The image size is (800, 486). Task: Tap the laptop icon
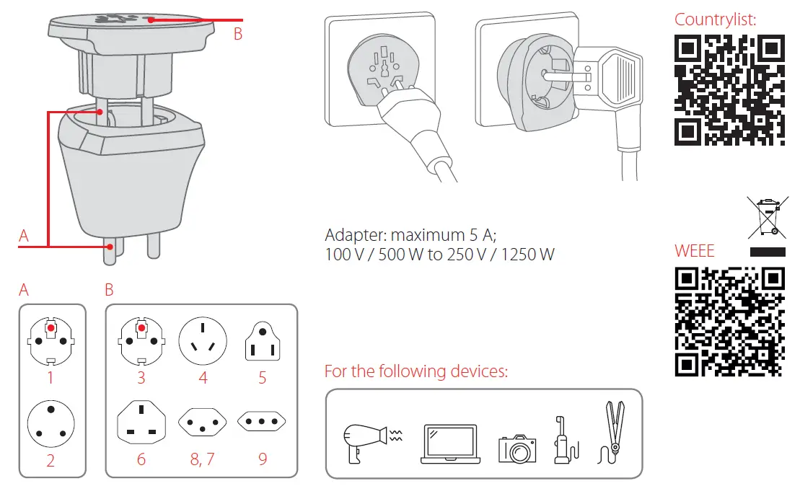(x=449, y=443)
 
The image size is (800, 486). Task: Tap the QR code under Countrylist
(x=729, y=89)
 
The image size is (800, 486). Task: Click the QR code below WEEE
(x=729, y=322)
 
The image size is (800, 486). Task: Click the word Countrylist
(x=715, y=19)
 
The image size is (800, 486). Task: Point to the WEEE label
(x=694, y=251)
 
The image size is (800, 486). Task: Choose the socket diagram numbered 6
(x=141, y=425)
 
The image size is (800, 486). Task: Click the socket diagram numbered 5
(x=263, y=342)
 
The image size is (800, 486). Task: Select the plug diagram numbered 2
(x=50, y=424)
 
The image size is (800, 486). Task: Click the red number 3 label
(x=141, y=377)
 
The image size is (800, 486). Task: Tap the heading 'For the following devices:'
(x=416, y=372)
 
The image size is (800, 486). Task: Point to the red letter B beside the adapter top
(x=238, y=33)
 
